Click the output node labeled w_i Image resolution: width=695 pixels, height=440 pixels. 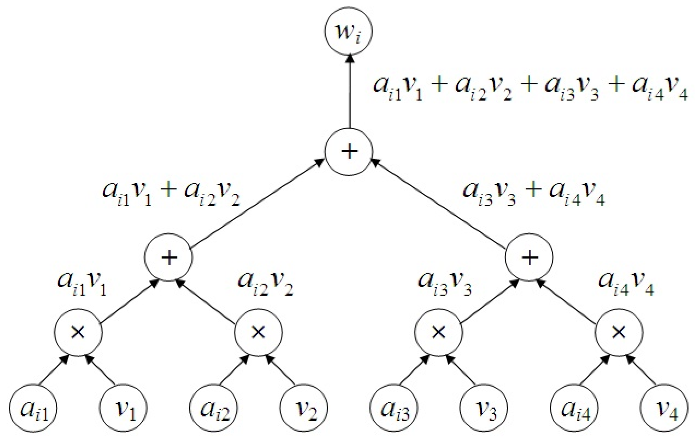pyautogui.click(x=349, y=32)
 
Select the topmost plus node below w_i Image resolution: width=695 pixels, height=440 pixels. pyautogui.click(x=349, y=152)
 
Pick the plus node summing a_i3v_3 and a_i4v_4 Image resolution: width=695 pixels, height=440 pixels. pyautogui.click(x=529, y=257)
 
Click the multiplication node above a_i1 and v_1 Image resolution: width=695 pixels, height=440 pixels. pyautogui.click(x=78, y=332)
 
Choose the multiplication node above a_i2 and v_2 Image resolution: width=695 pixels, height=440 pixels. pyautogui.click(x=259, y=332)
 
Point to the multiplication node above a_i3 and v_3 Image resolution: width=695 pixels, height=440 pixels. pyautogui.click(x=439, y=332)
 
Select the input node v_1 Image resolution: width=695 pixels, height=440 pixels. pyautogui.click(x=124, y=408)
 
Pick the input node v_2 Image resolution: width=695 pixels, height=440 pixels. pyautogui.click(x=304, y=408)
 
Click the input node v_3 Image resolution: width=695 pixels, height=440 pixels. pyautogui.click(x=484, y=408)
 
